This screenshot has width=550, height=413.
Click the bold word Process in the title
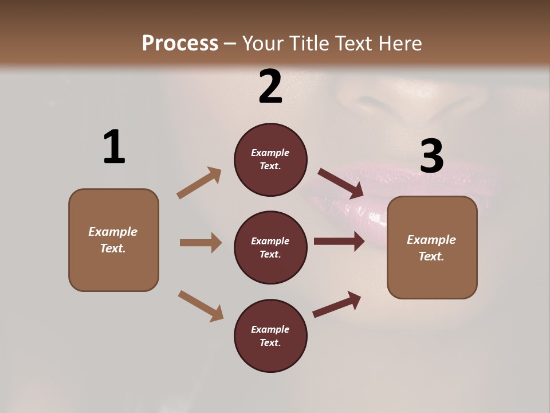pos(180,44)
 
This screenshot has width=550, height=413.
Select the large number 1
pos(114,147)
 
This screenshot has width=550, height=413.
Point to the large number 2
pos(270,87)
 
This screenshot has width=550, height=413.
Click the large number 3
pos(432,157)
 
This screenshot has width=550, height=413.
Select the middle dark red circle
pos(270,248)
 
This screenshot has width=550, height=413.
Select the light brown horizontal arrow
pos(201,243)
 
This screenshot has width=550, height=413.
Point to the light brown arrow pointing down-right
pos(201,305)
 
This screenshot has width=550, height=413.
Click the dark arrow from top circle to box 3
pos(341,184)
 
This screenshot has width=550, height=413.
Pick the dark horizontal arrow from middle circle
pos(339,241)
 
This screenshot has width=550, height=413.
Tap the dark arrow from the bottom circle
pos(337,305)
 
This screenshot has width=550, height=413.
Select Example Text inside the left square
pos(113,240)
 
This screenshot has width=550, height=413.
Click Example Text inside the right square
pos(431,248)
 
